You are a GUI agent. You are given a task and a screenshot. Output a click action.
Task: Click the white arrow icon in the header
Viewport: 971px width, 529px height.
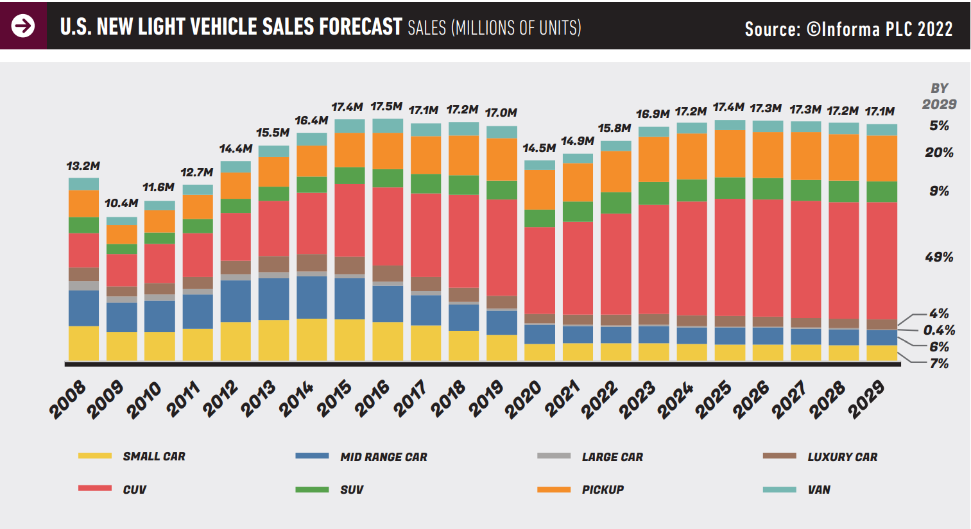tap(23, 26)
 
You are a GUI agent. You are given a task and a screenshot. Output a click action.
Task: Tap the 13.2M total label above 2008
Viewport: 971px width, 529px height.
tap(83, 166)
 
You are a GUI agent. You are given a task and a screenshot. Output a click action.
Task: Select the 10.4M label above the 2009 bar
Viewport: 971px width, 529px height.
tap(121, 203)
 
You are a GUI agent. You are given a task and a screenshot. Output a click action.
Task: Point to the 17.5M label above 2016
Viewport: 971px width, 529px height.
tap(386, 106)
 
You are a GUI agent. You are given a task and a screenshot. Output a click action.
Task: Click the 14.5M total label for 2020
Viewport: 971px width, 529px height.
tap(539, 148)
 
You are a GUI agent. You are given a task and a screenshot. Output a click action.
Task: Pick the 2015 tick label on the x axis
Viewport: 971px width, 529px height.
tap(335, 399)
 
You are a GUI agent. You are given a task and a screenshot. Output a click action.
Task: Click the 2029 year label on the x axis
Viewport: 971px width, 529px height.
tap(867, 399)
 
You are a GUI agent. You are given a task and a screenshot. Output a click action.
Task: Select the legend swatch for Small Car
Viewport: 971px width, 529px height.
tap(94, 456)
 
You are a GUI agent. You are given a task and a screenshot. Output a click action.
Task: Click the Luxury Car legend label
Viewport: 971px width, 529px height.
tap(842, 457)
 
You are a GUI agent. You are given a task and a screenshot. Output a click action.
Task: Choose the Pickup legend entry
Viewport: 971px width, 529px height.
tap(603, 489)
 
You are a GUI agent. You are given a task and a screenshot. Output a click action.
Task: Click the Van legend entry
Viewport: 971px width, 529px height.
tap(819, 489)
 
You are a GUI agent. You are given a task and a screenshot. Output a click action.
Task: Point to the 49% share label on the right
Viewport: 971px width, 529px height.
tap(939, 257)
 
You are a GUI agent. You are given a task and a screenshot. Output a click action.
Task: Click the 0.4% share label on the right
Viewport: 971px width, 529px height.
tap(939, 330)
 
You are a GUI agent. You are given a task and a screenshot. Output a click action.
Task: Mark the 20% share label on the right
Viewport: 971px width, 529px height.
tap(939, 153)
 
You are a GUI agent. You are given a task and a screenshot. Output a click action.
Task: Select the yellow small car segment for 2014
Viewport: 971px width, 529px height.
tap(312, 339)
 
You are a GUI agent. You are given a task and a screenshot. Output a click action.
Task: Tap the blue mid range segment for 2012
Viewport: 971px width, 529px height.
tap(236, 301)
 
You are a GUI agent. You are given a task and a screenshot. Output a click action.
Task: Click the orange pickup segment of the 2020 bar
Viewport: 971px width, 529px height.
tap(540, 190)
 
